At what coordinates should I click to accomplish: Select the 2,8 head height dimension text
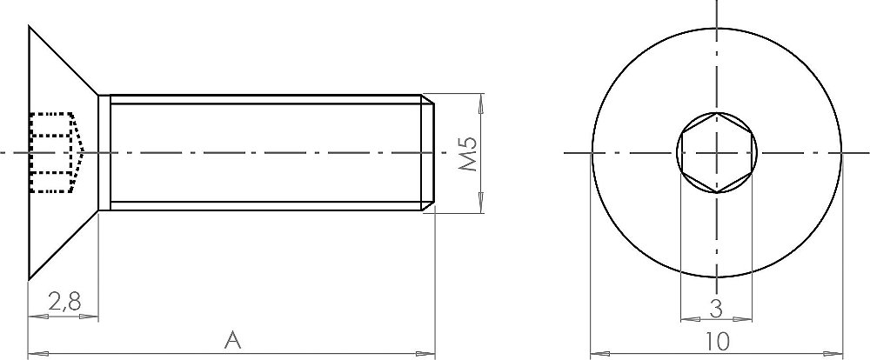pos(65,303)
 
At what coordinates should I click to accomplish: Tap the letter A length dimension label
pos(233,340)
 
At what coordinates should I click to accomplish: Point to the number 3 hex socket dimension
pos(716,309)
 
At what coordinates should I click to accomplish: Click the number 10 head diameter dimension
pos(719,342)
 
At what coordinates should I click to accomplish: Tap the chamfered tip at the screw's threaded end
pos(427,152)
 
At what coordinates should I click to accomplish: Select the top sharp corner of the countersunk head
pos(29,25)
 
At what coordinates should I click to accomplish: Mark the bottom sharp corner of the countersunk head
pos(29,279)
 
